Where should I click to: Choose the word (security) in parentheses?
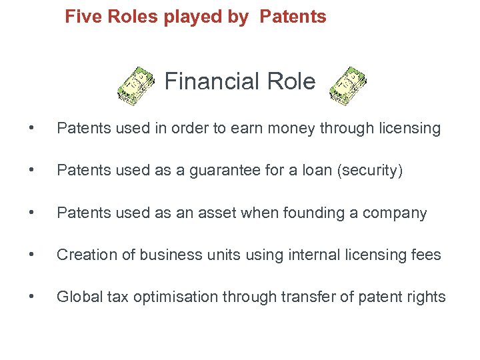[371, 171]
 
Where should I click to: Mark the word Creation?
[84, 255]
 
